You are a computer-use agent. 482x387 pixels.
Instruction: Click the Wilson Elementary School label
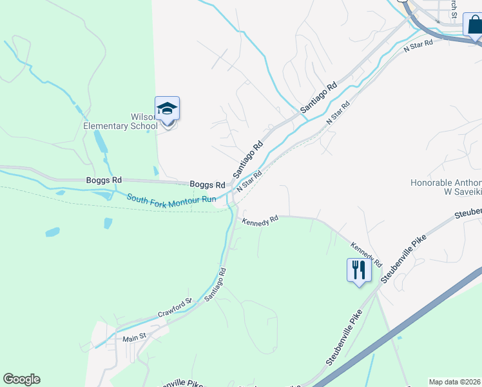tap(120, 121)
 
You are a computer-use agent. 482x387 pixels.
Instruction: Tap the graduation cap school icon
tap(167, 108)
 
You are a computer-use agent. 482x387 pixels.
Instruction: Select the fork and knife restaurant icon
tap(359, 269)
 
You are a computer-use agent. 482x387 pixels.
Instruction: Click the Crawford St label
tap(175, 308)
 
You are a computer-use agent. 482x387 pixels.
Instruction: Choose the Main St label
tap(135, 337)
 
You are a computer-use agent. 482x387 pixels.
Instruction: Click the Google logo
tap(21, 379)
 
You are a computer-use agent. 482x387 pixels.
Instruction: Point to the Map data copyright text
tap(454, 382)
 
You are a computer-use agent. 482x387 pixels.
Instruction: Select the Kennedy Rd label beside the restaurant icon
tap(367, 255)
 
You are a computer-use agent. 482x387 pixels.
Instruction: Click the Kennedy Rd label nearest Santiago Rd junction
tap(260, 221)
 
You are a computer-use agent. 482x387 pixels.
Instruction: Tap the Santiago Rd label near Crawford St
tap(216, 284)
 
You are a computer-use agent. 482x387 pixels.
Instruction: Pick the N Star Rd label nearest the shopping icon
tap(418, 45)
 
